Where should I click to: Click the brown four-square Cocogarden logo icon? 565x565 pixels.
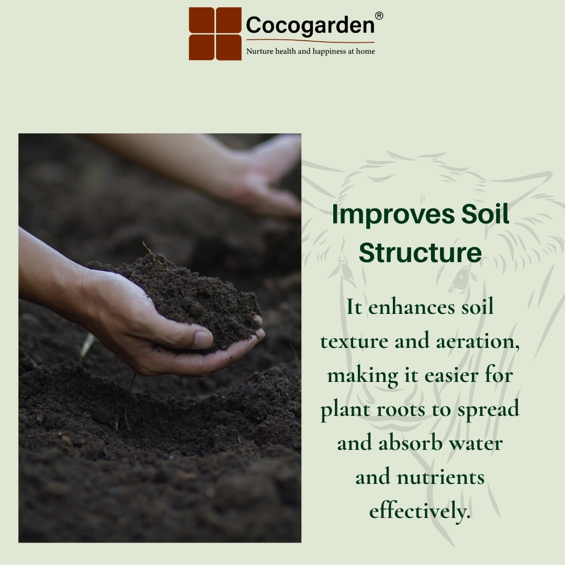coord(215,33)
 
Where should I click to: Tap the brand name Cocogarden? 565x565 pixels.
coord(310,25)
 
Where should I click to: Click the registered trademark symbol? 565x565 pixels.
coord(379,16)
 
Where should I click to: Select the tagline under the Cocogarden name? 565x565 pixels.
coord(310,51)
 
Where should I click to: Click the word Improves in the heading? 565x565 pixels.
coord(393,215)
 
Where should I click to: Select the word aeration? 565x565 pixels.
coord(478,341)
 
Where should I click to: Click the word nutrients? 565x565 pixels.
coord(440,478)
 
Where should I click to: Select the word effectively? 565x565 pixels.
coord(420,511)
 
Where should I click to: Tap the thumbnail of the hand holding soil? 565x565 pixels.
coord(160,338)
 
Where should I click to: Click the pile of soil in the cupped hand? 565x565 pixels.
coord(180,299)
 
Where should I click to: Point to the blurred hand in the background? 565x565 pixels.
coord(234,173)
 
